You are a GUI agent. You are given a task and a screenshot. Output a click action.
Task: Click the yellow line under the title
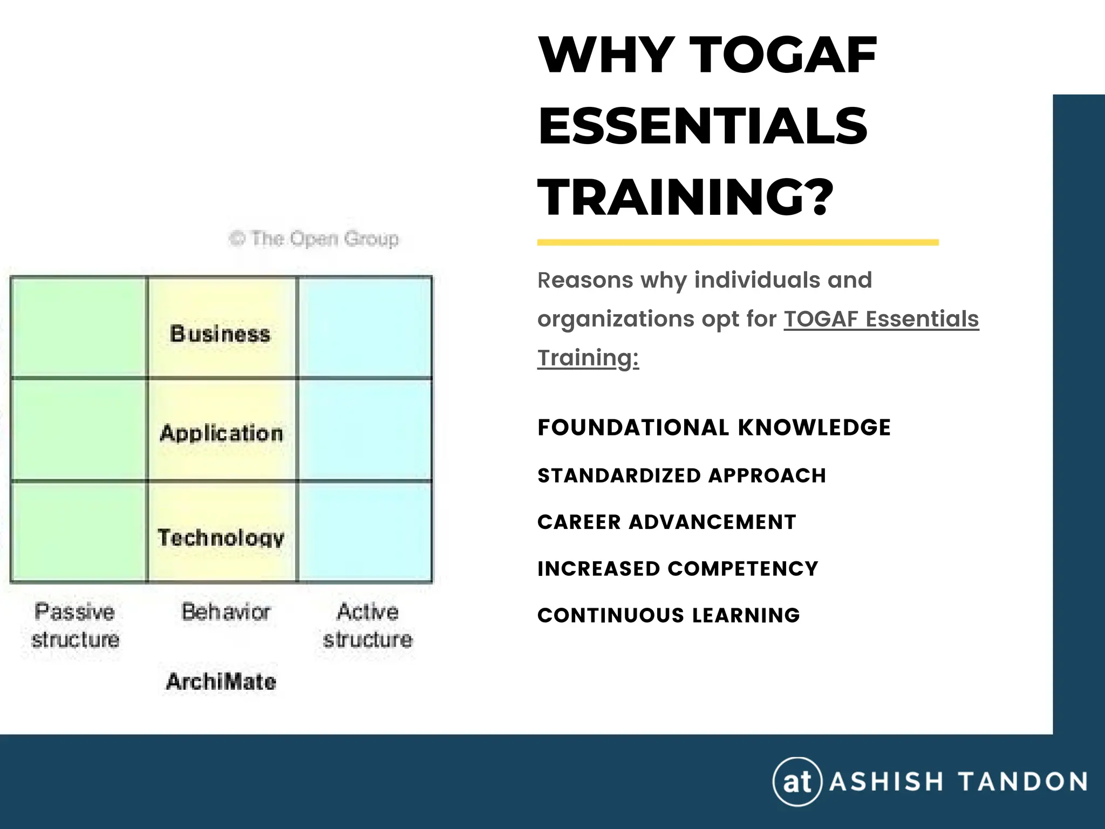coord(738,243)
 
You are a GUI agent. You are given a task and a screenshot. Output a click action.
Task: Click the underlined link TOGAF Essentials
coord(881,319)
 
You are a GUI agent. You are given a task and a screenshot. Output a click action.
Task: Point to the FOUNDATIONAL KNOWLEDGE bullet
coord(714,427)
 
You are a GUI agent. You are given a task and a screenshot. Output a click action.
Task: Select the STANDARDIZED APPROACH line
coord(681,475)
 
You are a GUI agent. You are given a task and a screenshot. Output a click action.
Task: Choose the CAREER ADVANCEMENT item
coord(666,522)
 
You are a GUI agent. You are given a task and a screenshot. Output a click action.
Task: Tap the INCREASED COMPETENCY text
coord(678,569)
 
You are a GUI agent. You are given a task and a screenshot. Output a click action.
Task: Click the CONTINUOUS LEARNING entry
coord(669,615)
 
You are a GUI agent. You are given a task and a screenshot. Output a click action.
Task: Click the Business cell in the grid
coord(221,334)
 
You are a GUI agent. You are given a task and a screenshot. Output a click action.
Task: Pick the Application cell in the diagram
coord(221,433)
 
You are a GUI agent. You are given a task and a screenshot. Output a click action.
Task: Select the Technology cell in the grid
coord(221,537)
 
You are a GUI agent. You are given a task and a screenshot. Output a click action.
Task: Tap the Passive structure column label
coord(75,626)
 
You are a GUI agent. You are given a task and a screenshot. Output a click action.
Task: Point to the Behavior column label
coord(226,612)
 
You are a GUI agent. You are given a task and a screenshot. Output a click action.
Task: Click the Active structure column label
coord(368,626)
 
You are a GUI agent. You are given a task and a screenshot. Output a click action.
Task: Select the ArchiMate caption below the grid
coord(221,682)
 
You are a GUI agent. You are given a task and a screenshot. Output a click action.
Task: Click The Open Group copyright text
coord(315,239)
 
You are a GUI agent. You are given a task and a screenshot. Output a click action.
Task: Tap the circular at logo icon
coord(797,781)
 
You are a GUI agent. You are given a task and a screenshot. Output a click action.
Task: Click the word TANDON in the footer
coord(1022,782)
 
